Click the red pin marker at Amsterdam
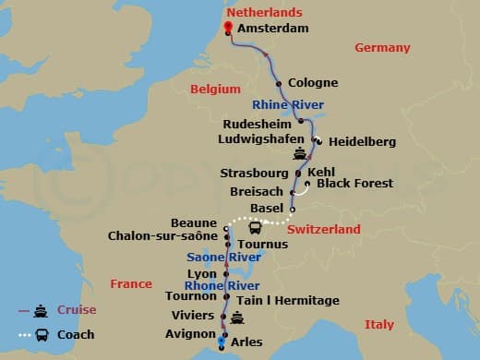tap(226, 26)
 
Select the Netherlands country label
tap(264, 14)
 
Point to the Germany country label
tap(383, 47)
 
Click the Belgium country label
tap(215, 89)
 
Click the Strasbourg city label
tap(254, 173)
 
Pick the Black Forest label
tap(354, 184)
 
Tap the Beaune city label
tap(195, 223)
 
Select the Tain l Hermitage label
tap(289, 300)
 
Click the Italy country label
tap(378, 324)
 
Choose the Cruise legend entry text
tap(77, 310)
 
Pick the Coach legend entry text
tap(76, 334)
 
